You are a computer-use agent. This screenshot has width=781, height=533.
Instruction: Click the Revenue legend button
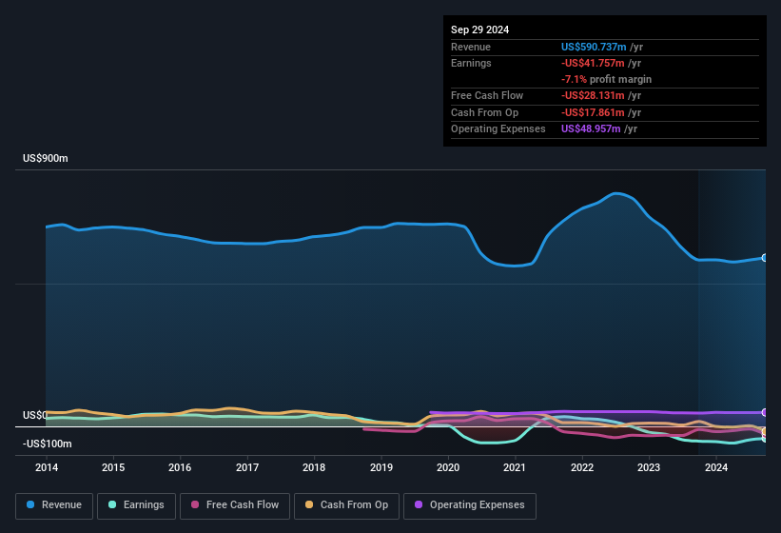tap(54, 505)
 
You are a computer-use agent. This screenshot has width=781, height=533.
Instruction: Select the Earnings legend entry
tap(135, 505)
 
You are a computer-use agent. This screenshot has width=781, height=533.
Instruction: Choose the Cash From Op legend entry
tap(347, 505)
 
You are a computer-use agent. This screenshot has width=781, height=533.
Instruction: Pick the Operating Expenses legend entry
tap(470, 505)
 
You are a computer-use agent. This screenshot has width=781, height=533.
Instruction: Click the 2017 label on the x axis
tap(247, 467)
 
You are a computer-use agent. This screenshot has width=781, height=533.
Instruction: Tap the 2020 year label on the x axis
tap(448, 467)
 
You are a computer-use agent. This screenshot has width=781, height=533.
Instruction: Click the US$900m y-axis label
tap(45, 158)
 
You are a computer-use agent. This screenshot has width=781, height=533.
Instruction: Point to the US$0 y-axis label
tap(34, 416)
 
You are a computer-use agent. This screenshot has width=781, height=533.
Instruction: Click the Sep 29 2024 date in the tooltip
tap(479, 30)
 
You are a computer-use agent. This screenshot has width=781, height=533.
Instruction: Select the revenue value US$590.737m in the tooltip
tap(594, 47)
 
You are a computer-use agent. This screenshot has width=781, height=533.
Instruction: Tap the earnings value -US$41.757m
tap(594, 63)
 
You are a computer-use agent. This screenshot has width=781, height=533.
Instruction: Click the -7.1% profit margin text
tap(606, 79)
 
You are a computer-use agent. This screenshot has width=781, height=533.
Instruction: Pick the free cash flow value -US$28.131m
tap(594, 95)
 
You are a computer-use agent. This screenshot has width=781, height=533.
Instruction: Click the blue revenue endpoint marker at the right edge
tap(764, 258)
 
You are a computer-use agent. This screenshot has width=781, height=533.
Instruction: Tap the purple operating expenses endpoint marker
tap(764, 412)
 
